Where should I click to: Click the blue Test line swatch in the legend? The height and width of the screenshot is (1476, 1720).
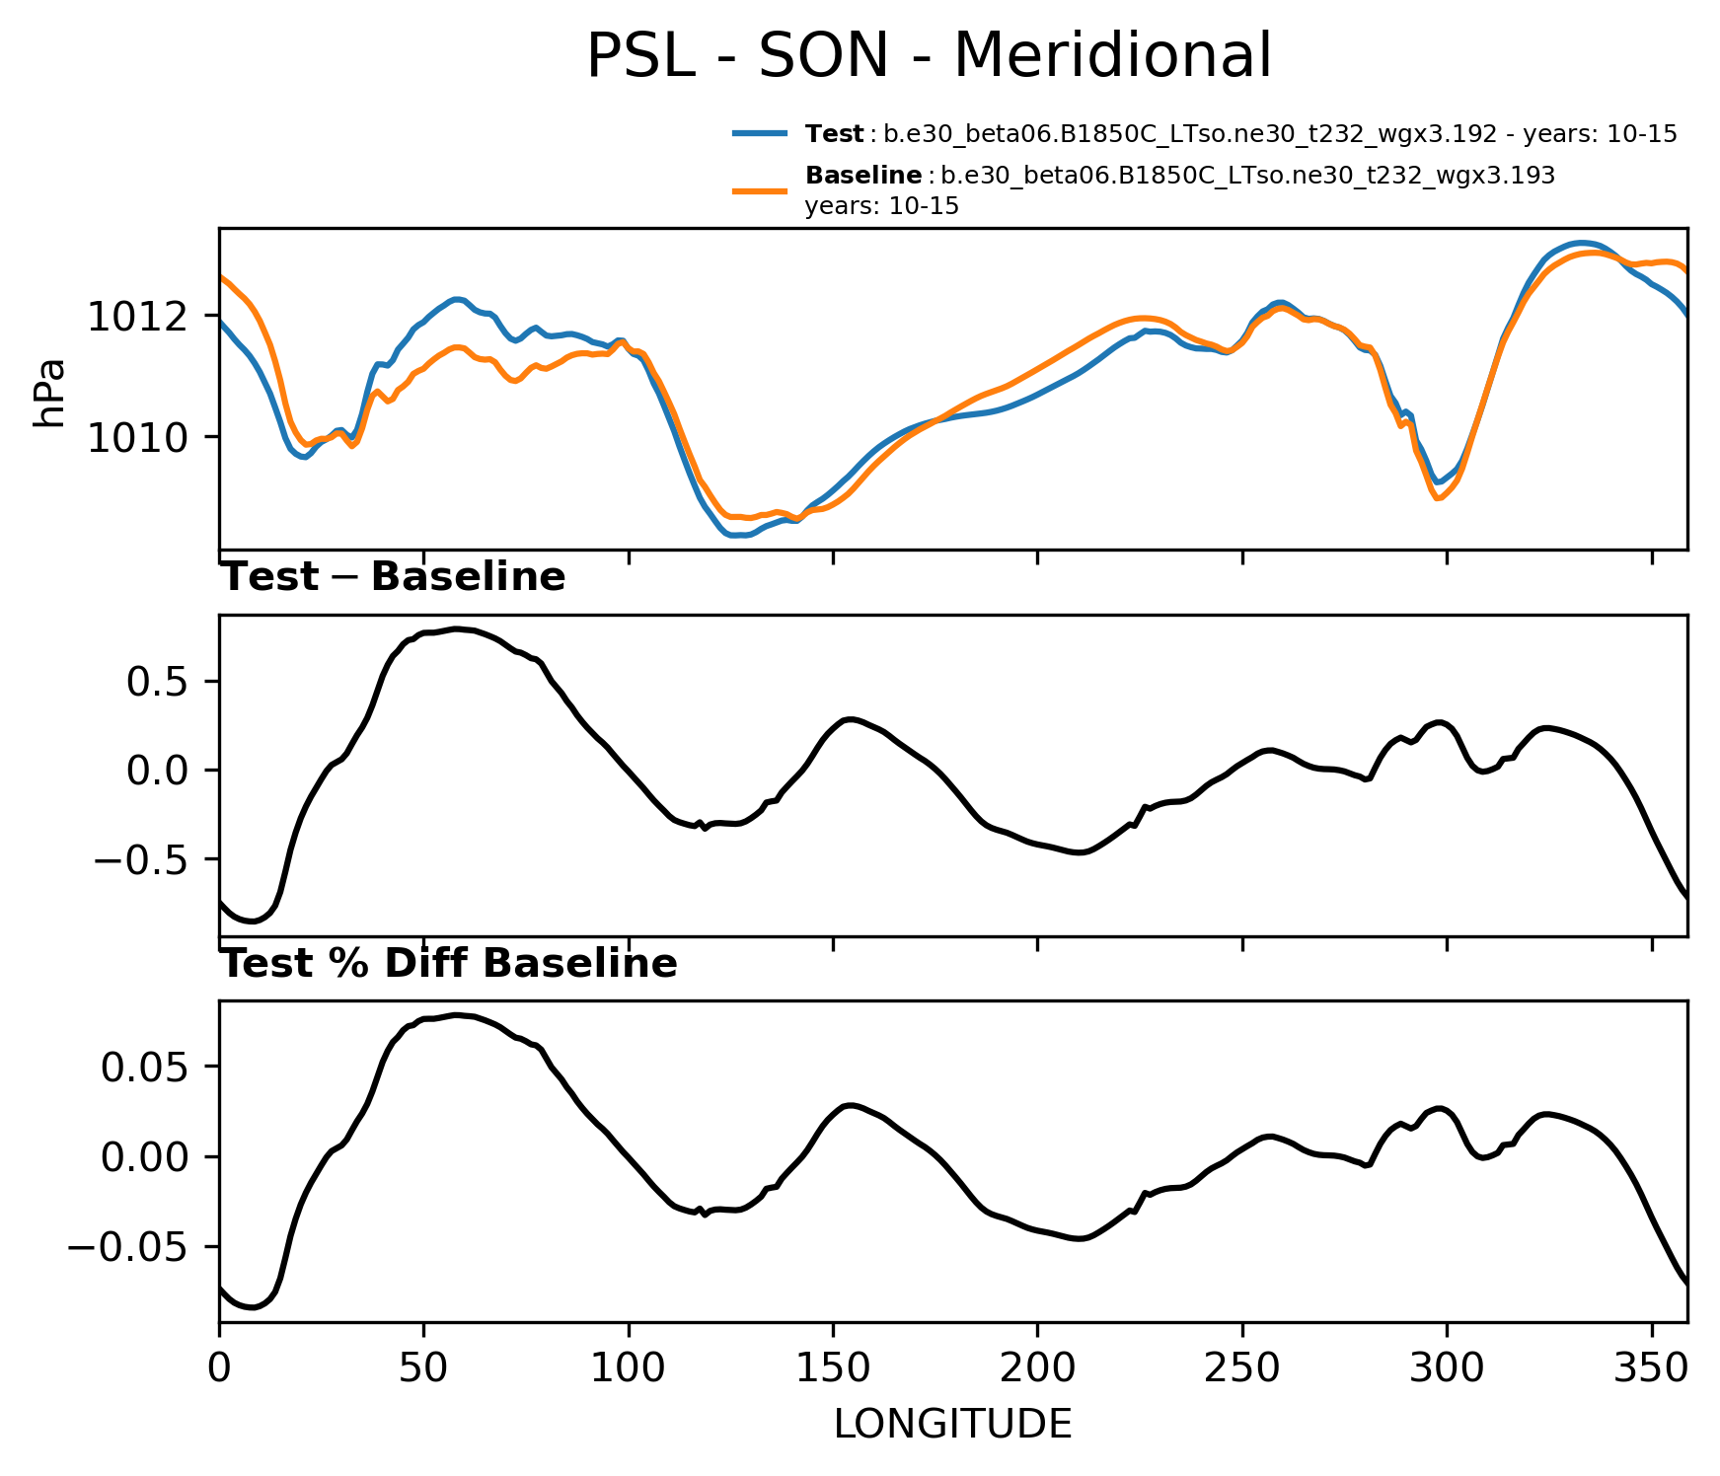click(x=760, y=133)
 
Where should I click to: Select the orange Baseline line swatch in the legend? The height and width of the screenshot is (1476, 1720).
click(x=760, y=190)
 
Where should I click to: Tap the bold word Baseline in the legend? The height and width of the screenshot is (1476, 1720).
click(x=863, y=176)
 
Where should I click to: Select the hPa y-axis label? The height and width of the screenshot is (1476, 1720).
click(x=49, y=392)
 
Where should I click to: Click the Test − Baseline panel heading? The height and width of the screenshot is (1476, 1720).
click(x=393, y=577)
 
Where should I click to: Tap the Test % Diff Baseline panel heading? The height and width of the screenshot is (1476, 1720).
click(x=448, y=964)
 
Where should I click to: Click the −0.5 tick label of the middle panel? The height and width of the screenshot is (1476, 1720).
click(x=148, y=859)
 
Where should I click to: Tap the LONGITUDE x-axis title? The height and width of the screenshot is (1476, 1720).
click(x=952, y=1424)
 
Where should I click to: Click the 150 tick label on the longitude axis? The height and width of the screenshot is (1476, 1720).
click(x=833, y=1368)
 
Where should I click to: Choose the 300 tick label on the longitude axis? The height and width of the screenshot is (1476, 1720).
click(x=1447, y=1368)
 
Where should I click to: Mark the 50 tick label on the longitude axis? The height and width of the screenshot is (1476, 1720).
click(x=424, y=1368)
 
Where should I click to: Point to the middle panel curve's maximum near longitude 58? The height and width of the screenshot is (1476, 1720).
click(x=455, y=628)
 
